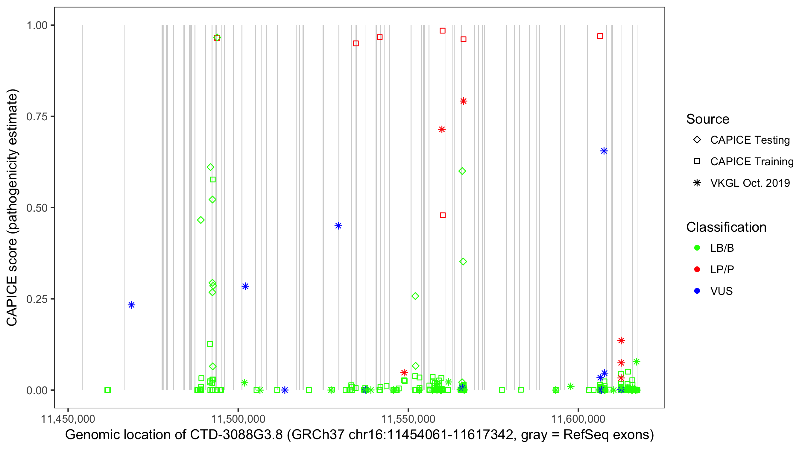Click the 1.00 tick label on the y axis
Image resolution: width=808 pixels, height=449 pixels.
pyautogui.click(x=37, y=25)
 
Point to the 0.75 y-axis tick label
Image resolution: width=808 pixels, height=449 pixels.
pyautogui.click(x=37, y=117)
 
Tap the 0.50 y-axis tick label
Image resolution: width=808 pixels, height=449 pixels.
pyautogui.click(x=37, y=208)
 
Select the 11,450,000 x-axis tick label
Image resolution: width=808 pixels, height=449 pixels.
pyautogui.click(x=68, y=419)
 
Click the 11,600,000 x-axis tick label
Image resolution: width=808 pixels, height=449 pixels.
pyautogui.click(x=578, y=419)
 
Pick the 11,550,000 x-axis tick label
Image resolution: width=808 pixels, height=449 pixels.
pyautogui.click(x=408, y=419)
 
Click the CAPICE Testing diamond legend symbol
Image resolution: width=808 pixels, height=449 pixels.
pyautogui.click(x=697, y=140)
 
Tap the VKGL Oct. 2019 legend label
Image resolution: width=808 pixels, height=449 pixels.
pyautogui.click(x=750, y=183)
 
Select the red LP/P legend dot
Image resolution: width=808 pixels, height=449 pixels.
pyautogui.click(x=697, y=269)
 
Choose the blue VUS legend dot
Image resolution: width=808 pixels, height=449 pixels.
pyautogui.click(x=697, y=291)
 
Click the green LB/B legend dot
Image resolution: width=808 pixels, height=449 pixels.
pyautogui.click(x=697, y=248)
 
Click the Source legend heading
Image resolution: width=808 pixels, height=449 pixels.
pyautogui.click(x=708, y=119)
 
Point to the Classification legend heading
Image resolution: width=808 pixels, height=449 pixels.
pyautogui.click(x=726, y=227)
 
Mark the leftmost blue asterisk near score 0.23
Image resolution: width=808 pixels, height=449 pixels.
pyautogui.click(x=131, y=305)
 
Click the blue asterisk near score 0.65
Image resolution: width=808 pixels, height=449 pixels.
pyautogui.click(x=604, y=151)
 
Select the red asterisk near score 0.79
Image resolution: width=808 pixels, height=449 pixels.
pyautogui.click(x=463, y=101)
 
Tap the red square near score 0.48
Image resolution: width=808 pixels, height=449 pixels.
pyautogui.click(x=443, y=215)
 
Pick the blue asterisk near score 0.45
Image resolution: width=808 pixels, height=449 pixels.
pyautogui.click(x=338, y=226)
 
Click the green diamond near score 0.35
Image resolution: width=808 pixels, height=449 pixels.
pyautogui.click(x=463, y=261)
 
